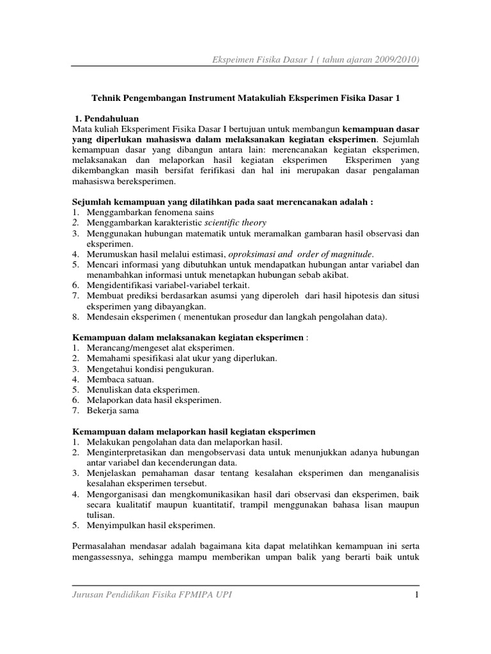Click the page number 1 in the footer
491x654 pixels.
(x=416, y=595)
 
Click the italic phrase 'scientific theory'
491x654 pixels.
(x=235, y=222)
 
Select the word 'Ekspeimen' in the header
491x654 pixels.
(x=231, y=59)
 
